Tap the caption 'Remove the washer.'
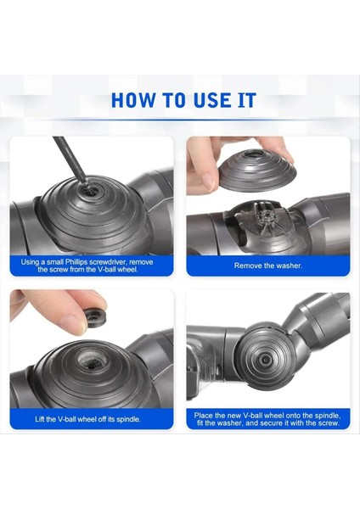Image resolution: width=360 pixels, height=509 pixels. click(268, 266)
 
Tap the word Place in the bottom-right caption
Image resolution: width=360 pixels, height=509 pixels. click(205, 414)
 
